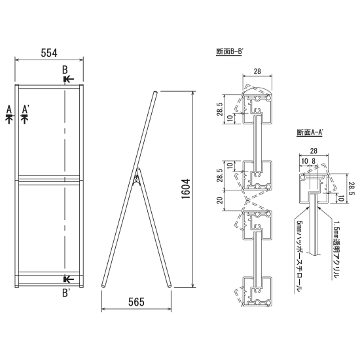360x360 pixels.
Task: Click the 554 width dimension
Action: pos(49,53)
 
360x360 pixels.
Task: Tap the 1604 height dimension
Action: pos(186,189)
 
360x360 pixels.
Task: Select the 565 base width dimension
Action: pos(136,302)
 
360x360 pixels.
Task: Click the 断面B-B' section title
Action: pos(229,52)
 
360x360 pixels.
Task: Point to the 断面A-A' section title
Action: pos(310,132)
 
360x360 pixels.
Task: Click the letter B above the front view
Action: pos(65,70)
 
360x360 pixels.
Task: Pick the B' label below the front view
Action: pos(66,293)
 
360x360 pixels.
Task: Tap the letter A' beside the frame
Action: pos(26,109)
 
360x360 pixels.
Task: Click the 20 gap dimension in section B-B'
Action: pos(220,200)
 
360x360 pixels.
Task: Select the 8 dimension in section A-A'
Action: pos(314,161)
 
